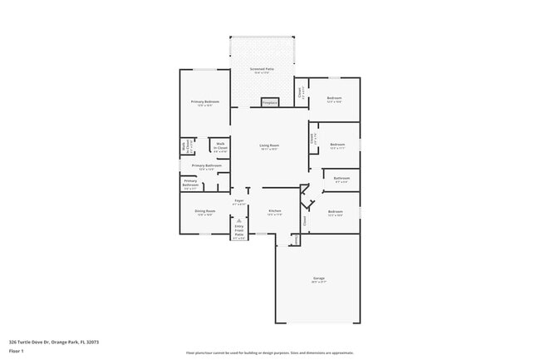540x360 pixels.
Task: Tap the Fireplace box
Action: tap(269, 102)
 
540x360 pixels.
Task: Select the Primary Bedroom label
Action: tap(205, 101)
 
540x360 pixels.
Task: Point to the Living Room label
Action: tap(269, 145)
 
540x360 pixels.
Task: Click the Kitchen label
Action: tap(274, 210)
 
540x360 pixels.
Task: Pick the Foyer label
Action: tap(238, 200)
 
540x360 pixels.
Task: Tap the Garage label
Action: tap(319, 278)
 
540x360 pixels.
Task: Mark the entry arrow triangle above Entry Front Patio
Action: tap(239, 220)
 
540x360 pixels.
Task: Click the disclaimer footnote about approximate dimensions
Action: tap(269, 353)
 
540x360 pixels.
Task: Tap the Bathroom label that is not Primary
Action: tap(341, 178)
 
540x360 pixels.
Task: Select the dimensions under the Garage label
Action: tap(319, 282)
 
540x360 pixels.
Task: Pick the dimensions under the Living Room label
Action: tap(269, 149)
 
